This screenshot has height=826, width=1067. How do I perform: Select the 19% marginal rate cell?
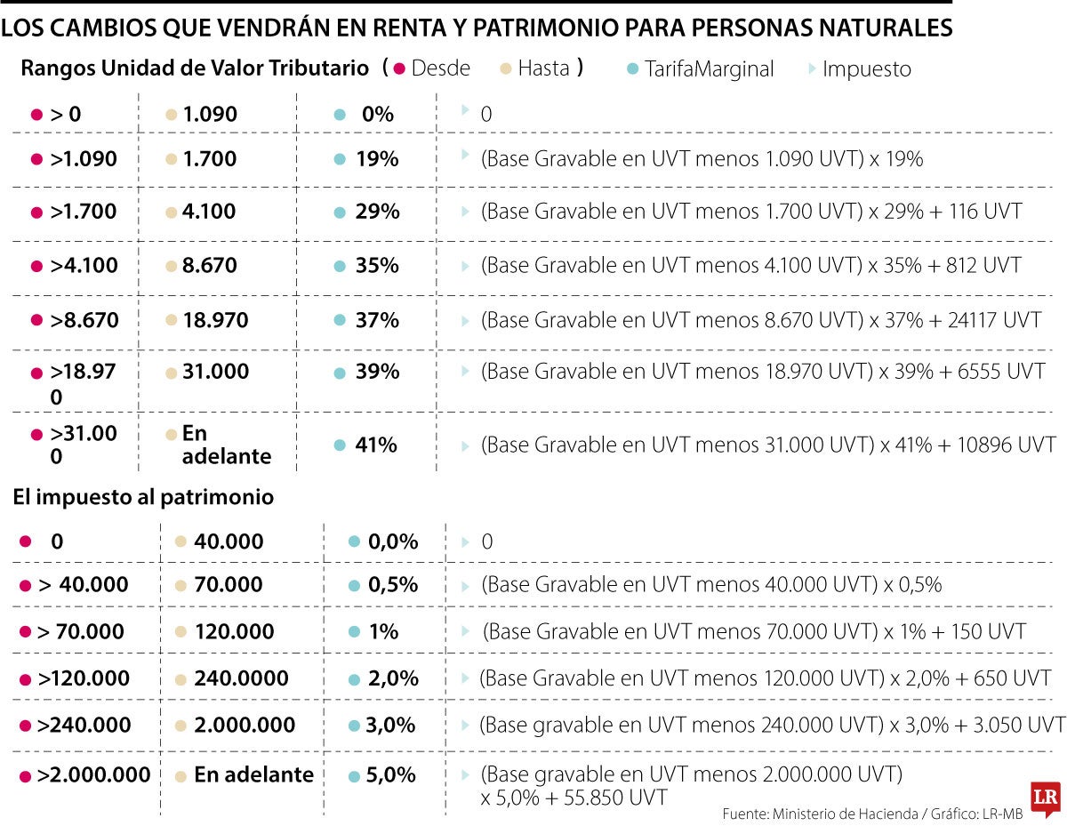pos(376,159)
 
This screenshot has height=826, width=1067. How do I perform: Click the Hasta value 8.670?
pos(210,265)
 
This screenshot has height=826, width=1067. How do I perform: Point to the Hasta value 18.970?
pos(215,319)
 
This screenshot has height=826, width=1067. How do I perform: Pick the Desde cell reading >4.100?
pos(84,265)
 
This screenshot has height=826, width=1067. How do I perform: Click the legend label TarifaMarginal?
pos(710,68)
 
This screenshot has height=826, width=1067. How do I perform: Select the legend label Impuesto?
pos(866,68)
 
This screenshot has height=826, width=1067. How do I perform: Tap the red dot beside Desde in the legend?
pos(399,68)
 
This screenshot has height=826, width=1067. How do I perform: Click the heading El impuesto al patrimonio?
pos(143,498)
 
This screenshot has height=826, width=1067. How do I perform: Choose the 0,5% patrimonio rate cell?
pos(392,584)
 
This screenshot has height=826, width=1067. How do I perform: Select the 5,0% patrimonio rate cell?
pos(390,774)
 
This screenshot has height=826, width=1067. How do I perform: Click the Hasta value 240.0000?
pos(241,678)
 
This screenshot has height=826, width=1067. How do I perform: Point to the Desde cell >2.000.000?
pos(93,774)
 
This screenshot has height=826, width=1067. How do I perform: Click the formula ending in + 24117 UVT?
pos(761,319)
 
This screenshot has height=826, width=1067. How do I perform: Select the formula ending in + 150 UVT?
pos(755,632)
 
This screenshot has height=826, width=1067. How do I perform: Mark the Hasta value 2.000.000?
pos(245,725)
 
